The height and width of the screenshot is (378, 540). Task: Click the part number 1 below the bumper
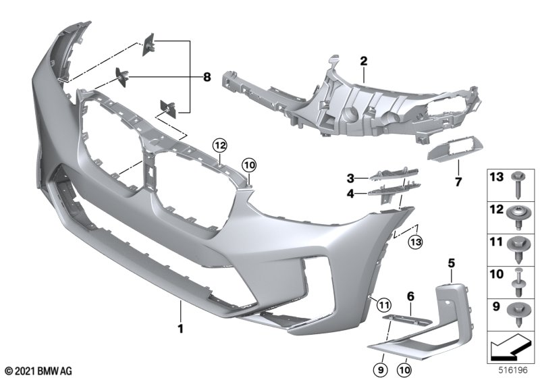[181, 330]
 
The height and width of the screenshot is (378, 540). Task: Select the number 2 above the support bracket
[363, 61]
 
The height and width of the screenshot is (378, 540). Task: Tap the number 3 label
[351, 178]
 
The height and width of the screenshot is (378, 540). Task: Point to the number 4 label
[351, 193]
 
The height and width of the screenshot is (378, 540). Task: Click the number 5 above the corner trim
[452, 262]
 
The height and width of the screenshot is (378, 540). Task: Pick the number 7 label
[460, 182]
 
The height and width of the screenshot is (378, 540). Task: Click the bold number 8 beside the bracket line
[207, 78]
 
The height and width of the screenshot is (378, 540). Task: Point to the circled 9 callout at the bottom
[382, 368]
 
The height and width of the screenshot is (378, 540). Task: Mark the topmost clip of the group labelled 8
[148, 45]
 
